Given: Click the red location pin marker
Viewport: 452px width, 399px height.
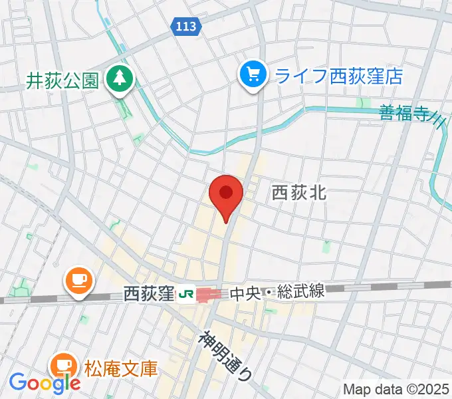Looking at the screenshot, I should [225, 195].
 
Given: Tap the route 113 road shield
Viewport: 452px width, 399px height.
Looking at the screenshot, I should [185, 26].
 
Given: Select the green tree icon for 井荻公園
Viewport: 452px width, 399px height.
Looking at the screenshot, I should [121, 80].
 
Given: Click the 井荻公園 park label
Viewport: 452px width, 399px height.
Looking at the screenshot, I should [62, 81].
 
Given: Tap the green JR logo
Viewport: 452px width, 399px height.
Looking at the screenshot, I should [187, 293].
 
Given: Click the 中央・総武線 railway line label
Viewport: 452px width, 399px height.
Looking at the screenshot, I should [277, 292].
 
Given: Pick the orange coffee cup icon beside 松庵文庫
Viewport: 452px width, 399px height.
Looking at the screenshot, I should [64, 365].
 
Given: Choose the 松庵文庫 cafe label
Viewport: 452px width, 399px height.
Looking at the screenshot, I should [120, 367].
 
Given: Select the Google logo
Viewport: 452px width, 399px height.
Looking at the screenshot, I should [45, 383].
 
